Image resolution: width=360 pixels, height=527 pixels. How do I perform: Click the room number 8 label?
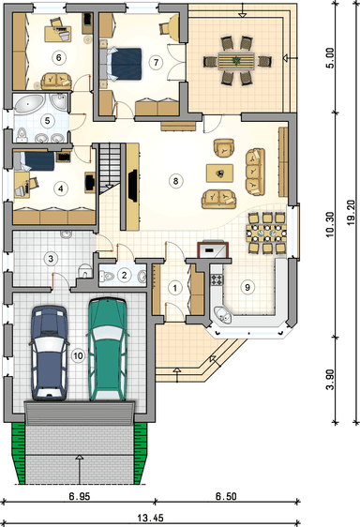[175, 181]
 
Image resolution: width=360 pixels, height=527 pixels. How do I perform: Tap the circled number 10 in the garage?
[78, 355]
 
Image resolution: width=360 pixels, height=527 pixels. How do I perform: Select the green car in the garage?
[108, 349]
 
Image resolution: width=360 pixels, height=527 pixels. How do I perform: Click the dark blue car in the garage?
[50, 353]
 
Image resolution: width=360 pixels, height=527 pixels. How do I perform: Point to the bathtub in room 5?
[30, 103]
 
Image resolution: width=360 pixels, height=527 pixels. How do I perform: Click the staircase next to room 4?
[110, 168]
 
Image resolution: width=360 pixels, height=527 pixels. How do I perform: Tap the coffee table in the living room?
[219, 173]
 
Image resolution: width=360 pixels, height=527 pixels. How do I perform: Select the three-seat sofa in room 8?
[255, 172]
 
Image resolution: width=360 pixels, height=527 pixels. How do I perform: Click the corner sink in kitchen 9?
[222, 315]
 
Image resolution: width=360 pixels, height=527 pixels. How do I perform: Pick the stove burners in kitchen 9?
[217, 279]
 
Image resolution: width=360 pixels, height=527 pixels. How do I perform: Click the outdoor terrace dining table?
[236, 61]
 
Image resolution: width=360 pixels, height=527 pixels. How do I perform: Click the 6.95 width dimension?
[80, 496]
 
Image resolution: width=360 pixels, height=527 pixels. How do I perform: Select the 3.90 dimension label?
[331, 380]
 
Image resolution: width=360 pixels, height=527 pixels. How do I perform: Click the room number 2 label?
[125, 276]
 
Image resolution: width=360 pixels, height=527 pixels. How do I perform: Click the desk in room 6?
[58, 33]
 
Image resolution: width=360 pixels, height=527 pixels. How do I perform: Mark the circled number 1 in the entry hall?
[174, 288]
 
